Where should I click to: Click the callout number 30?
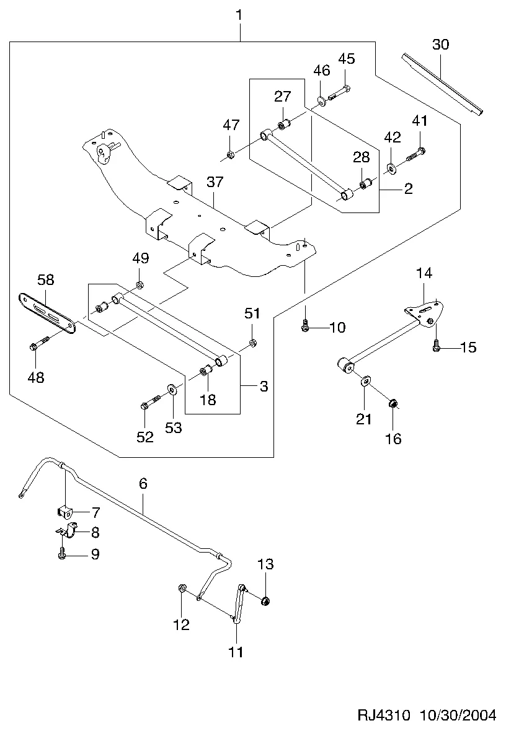point(440,45)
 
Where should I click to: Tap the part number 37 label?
point(215,182)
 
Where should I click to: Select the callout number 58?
point(45,279)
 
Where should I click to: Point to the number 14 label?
point(424,273)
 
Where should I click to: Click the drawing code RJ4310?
point(384,716)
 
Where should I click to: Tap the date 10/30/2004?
point(458,716)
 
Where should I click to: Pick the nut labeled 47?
point(229,154)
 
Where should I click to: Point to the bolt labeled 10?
point(305,326)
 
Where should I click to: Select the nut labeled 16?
point(393,405)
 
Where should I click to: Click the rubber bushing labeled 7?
point(64,512)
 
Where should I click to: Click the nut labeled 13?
point(266,600)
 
